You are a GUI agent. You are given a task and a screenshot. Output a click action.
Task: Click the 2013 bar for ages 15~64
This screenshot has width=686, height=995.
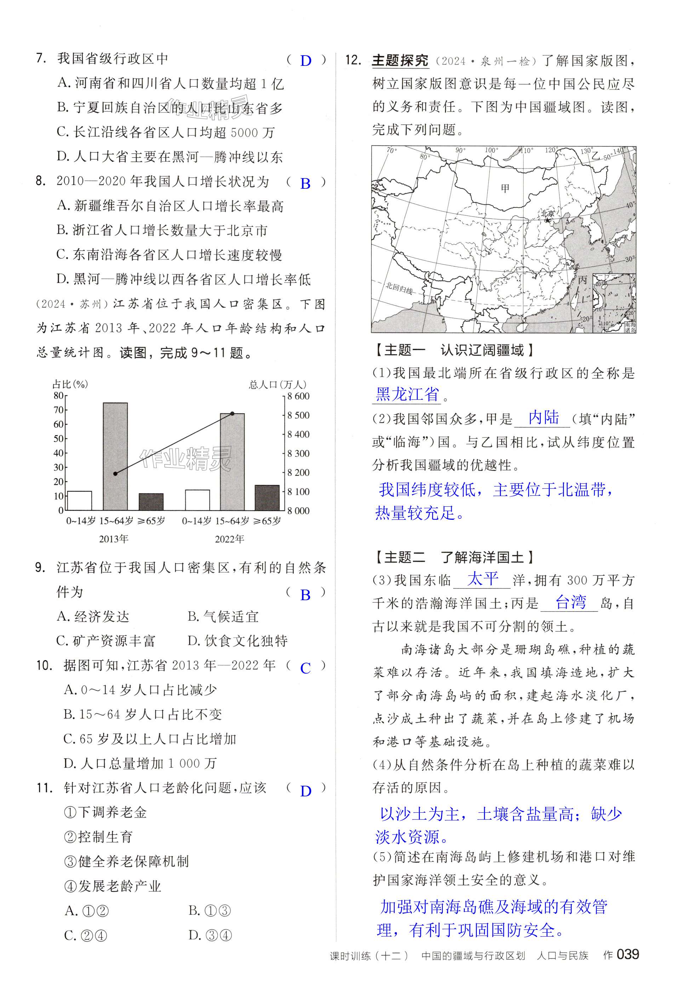[115, 457]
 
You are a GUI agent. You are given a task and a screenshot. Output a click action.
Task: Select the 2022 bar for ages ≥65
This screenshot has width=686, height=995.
[267, 498]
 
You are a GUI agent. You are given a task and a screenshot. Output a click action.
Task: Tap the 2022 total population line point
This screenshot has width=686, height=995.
[232, 414]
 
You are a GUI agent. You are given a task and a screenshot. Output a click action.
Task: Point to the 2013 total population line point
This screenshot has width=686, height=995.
[115, 474]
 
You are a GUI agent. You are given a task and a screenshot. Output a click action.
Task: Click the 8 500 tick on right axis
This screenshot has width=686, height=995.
[298, 415]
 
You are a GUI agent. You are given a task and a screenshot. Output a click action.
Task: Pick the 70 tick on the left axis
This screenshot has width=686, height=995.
[58, 410]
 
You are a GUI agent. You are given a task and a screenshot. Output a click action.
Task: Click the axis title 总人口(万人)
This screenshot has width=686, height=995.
[278, 385]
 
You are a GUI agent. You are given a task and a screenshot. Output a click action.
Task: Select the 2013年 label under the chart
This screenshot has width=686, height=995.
[114, 539]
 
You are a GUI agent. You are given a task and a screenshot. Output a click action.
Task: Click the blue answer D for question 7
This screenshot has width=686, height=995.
[305, 61]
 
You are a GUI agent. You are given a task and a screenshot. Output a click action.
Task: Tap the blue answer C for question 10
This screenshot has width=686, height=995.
[305, 668]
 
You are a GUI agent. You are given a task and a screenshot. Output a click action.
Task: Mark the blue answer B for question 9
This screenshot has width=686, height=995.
[305, 595]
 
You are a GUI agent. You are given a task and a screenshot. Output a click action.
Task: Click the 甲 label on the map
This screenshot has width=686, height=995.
[505, 188]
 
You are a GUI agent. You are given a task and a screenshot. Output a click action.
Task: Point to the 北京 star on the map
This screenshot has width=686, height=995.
[547, 221]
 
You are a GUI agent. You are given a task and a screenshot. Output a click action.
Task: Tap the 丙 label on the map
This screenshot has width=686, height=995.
[582, 280]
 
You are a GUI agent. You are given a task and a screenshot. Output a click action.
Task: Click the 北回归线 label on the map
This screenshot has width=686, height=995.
[399, 288]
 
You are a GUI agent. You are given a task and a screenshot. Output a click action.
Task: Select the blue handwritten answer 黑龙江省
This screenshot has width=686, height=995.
[407, 394]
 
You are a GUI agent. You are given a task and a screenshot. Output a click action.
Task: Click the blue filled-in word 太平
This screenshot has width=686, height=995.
[483, 579]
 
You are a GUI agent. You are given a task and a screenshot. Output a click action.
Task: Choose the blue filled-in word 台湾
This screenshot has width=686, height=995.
[570, 602]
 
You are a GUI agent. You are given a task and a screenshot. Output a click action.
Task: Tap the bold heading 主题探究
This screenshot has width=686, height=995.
[400, 61]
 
